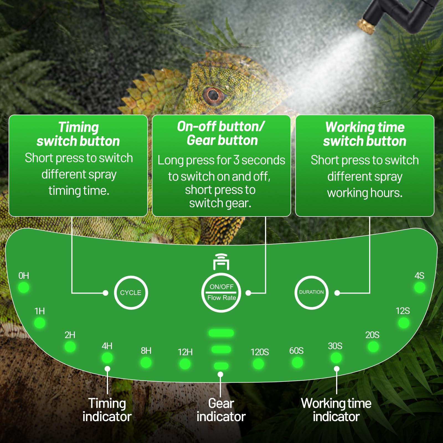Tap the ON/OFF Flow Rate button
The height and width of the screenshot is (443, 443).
coord(221,293)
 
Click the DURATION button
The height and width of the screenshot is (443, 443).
coord(311,292)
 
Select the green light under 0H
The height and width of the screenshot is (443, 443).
coord(24,287)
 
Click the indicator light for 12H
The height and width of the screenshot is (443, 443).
coord(185,364)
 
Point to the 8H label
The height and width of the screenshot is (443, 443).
coord(146,351)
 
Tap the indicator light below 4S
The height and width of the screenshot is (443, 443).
coord(420,288)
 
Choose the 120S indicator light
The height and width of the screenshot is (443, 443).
coord(258,364)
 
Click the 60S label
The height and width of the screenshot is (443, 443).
coord(296,351)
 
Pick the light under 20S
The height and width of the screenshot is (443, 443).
coord(373,347)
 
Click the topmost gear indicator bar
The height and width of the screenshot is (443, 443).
coord(221,333)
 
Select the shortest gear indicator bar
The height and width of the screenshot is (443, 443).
coord(221,366)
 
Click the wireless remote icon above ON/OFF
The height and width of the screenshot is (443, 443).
coord(221,262)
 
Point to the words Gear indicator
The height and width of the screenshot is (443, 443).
coord(221,410)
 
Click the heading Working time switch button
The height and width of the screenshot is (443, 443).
coord(365,134)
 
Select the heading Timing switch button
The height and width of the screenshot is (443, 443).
coord(78,134)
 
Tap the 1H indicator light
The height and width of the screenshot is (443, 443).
coord(40,323)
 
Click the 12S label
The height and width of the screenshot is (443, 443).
coord(403,311)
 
